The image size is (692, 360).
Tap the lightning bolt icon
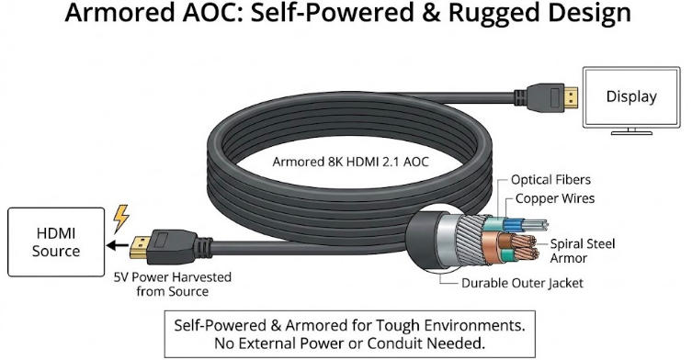pos(120,219)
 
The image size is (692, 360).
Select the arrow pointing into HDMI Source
pos(113,246)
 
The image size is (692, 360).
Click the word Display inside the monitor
pos(631,96)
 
